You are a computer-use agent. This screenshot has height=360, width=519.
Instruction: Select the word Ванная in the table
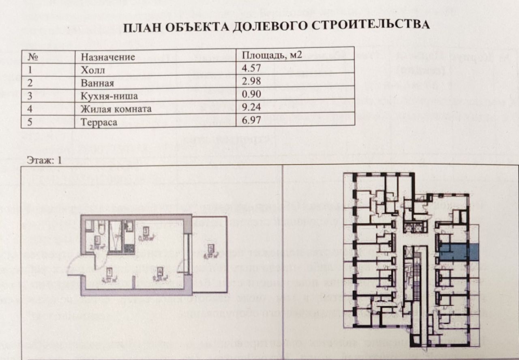pos(97,84)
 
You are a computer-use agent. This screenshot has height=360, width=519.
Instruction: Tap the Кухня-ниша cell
pos(109,96)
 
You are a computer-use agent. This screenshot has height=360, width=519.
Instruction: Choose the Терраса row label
pos(99,122)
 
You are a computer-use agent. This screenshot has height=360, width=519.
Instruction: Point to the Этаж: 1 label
pos(44,160)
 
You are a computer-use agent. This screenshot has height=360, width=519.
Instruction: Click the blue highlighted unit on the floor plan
pos(459,252)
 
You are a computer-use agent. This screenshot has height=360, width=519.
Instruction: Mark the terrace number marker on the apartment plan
pos(210,248)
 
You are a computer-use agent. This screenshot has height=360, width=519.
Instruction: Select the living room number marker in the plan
pos(160,270)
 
